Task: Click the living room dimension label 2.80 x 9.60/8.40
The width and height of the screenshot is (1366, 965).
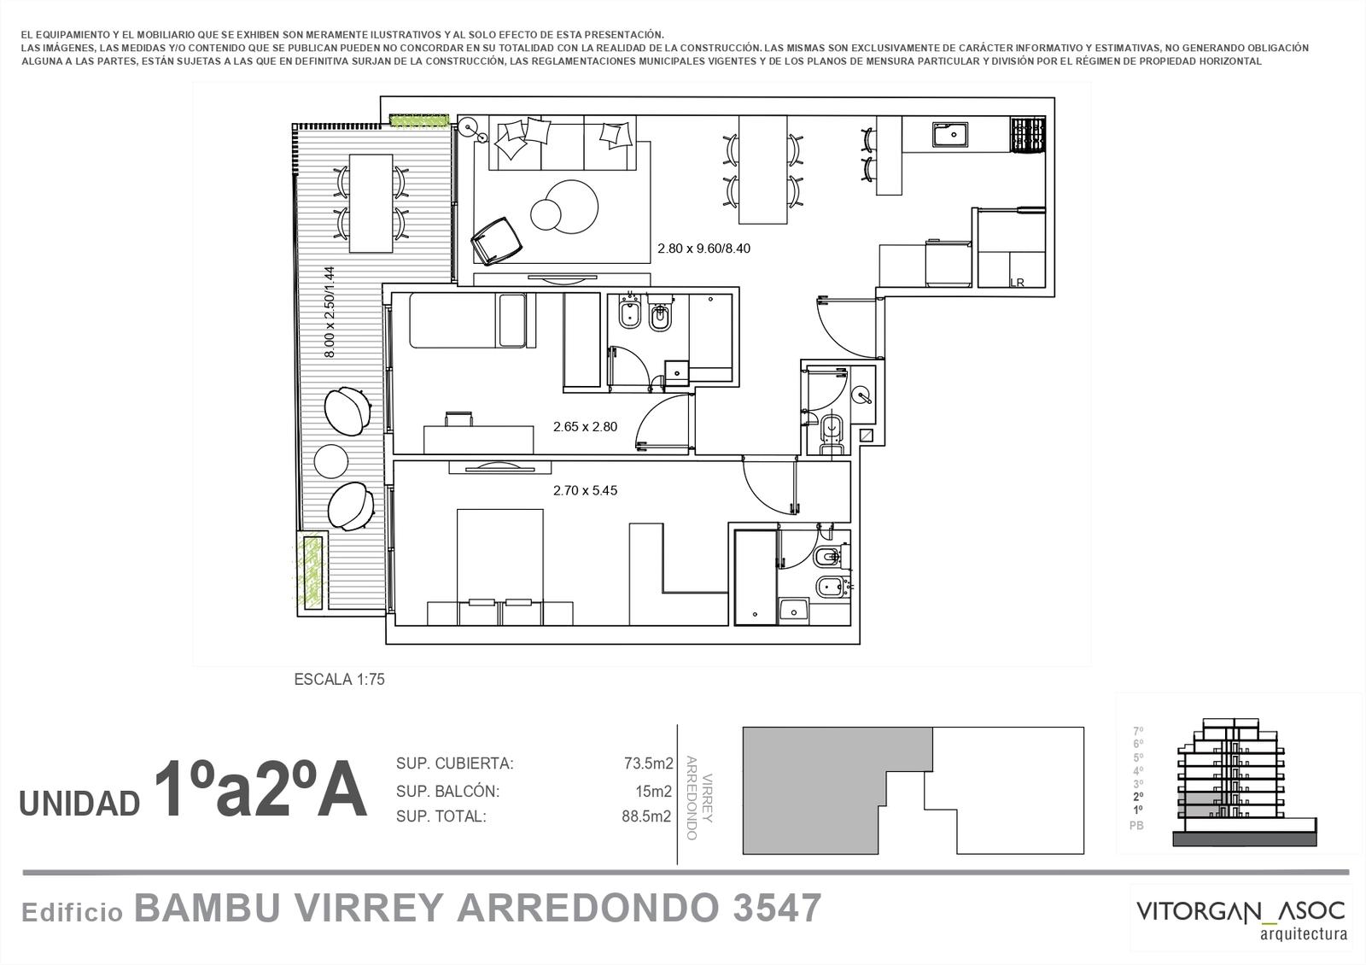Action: (x=703, y=249)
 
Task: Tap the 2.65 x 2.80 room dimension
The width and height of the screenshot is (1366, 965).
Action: (x=585, y=427)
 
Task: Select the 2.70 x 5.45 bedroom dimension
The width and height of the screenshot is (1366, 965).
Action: (x=585, y=490)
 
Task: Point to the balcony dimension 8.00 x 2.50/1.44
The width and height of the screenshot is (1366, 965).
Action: (x=330, y=312)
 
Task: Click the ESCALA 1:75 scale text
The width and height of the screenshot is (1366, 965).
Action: (x=339, y=680)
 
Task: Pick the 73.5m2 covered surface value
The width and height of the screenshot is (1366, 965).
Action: (x=648, y=763)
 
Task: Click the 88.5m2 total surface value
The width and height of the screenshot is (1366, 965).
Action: (x=646, y=816)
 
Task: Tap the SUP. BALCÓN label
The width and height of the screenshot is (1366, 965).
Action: (x=447, y=791)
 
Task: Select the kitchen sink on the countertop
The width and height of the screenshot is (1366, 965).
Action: (x=949, y=134)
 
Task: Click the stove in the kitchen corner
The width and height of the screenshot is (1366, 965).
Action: (x=1028, y=135)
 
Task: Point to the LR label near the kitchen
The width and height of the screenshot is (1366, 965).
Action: (x=1017, y=283)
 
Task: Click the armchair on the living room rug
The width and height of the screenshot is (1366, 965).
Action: (x=496, y=241)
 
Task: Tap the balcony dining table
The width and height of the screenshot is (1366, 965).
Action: (x=371, y=203)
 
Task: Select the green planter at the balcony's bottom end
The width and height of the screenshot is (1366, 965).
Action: (x=311, y=571)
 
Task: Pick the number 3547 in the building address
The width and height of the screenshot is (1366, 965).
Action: (x=778, y=909)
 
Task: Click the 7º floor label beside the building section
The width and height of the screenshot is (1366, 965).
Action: (x=1138, y=731)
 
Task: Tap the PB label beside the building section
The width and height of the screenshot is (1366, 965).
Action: (x=1136, y=825)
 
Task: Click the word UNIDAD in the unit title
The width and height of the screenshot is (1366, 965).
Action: (x=80, y=804)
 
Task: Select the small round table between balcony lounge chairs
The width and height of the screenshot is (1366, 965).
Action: (x=331, y=461)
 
